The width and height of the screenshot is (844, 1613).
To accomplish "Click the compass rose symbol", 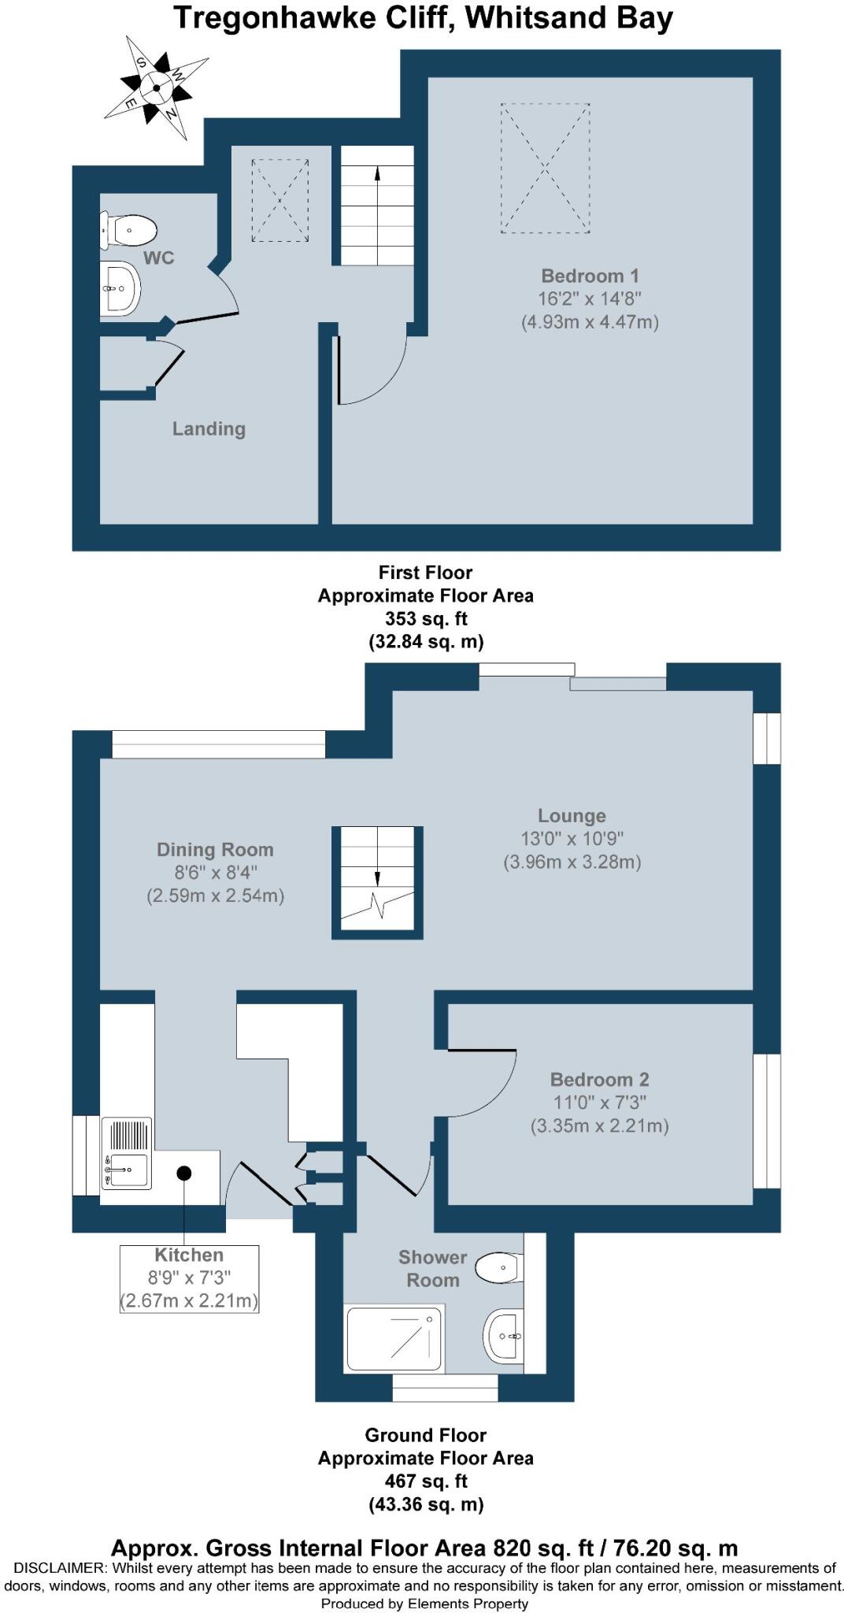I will (x=157, y=87).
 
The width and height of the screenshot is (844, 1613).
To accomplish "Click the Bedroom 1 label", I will (x=590, y=276).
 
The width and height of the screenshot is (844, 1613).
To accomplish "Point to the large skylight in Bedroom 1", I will (x=545, y=168).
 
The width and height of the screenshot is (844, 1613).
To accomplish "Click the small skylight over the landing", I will (x=279, y=200).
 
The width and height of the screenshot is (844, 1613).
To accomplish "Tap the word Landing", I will (x=209, y=429).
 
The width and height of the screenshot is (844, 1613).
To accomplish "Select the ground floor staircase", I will (x=377, y=881).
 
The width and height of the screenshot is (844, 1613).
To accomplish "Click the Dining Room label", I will (x=215, y=850).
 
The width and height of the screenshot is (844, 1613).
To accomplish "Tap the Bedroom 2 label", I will (x=599, y=1080).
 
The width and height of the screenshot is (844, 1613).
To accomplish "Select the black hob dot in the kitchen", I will (x=184, y=1174).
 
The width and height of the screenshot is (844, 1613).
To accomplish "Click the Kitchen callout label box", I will (x=189, y=1277).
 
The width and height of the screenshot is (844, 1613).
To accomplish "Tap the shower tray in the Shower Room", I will (x=394, y=1337).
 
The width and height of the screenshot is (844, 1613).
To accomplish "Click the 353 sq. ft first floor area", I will (x=425, y=619).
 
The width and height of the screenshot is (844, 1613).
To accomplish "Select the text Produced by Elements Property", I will (x=424, y=1604).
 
